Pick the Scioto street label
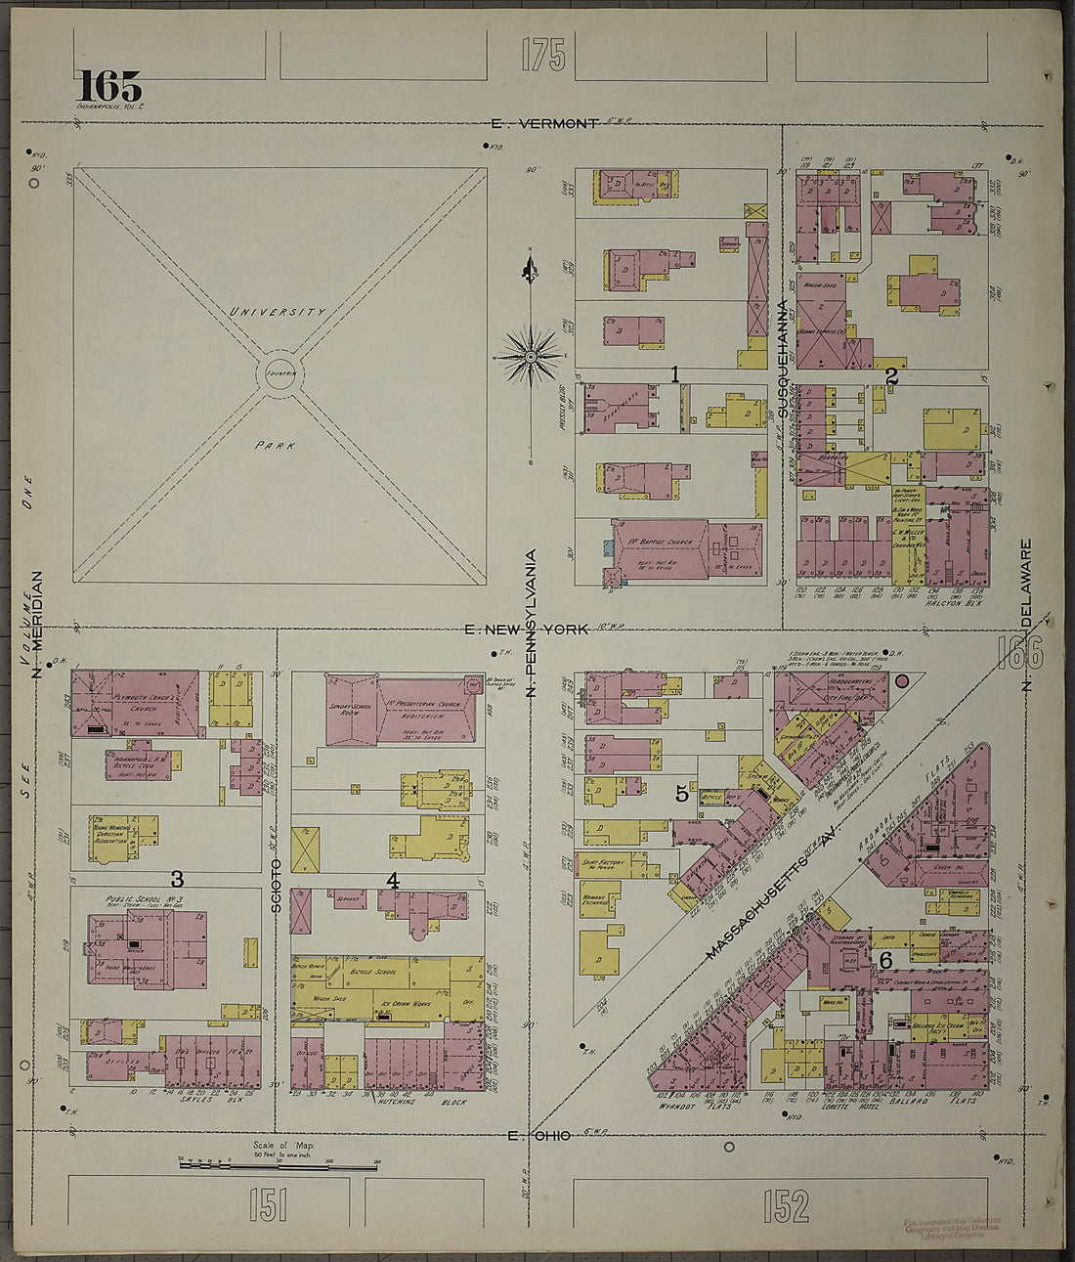tap(277, 886)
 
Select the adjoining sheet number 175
tap(542, 55)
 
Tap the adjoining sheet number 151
tap(267, 1205)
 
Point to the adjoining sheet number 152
tap(787, 1205)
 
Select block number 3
tap(177, 878)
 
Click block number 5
tap(682, 794)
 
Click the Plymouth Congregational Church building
tap(136, 702)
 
